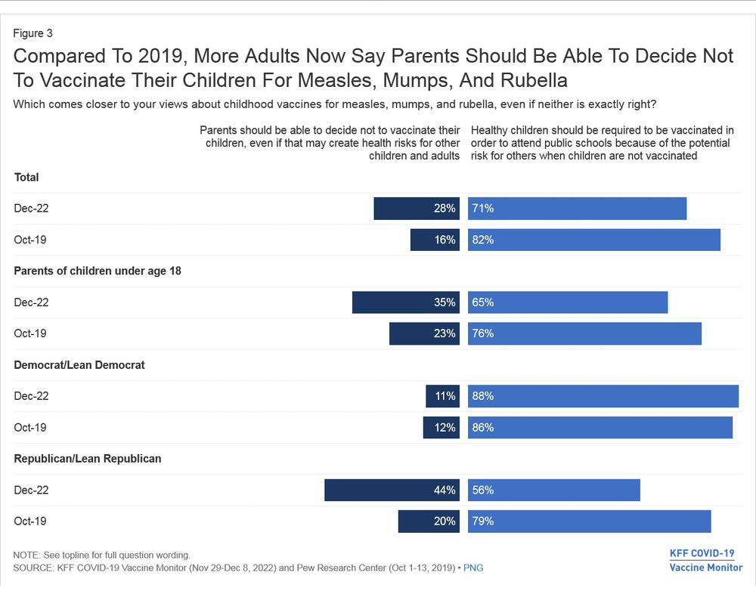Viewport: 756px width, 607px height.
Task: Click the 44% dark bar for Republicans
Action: (x=392, y=490)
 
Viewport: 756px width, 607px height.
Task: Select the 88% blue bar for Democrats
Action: (x=603, y=396)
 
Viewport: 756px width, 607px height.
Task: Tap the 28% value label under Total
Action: (x=445, y=209)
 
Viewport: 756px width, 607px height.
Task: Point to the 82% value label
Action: (x=483, y=240)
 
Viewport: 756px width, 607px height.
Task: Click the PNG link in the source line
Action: (x=473, y=568)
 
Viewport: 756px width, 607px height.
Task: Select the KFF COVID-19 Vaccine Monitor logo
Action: (x=705, y=560)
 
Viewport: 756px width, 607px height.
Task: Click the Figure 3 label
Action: (x=33, y=33)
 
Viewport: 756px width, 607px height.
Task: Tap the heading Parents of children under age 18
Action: (x=98, y=271)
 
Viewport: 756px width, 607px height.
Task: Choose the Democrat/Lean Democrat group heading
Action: (x=79, y=364)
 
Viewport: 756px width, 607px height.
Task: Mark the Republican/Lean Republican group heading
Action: (x=88, y=458)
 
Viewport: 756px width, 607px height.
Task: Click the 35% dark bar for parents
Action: (x=406, y=302)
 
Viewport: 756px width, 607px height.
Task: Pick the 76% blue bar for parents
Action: (x=584, y=333)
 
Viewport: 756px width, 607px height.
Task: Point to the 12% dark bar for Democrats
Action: (x=441, y=427)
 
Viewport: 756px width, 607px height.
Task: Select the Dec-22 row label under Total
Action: (x=31, y=209)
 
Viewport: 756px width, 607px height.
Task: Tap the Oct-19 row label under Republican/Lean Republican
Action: (x=30, y=521)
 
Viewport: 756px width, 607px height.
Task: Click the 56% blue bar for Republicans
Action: (x=553, y=490)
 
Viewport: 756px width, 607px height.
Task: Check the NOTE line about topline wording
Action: (x=102, y=555)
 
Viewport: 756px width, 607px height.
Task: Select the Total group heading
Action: (x=26, y=177)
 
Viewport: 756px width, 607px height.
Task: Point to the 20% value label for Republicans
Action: (x=445, y=521)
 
